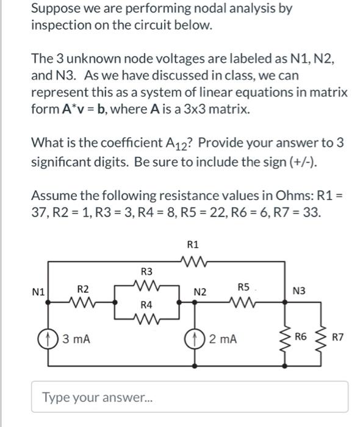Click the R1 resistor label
[x=193, y=245]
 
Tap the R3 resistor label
[x=146, y=271]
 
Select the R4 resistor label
[x=146, y=303]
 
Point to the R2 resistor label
[x=83, y=287]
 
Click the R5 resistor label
[x=243, y=287]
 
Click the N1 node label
[x=39, y=292]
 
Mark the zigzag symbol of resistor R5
[x=243, y=301]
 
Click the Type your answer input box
[x=190, y=397]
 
